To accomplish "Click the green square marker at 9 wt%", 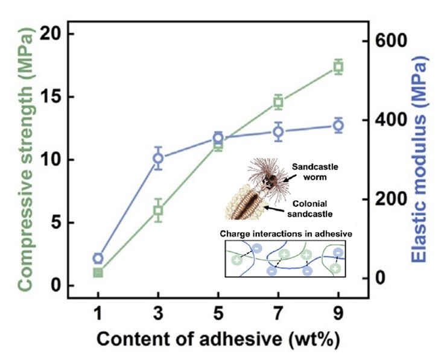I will tap(338, 67).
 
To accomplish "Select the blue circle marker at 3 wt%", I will tap(158, 159).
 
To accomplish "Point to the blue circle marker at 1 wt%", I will tap(98, 259).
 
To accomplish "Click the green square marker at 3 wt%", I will tap(158, 210).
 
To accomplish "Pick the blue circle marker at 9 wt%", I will tap(338, 125).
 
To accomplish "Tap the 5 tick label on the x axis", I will tap(218, 315).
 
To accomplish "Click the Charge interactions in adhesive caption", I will tap(286, 232).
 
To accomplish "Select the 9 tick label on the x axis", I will tap(338, 315).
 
